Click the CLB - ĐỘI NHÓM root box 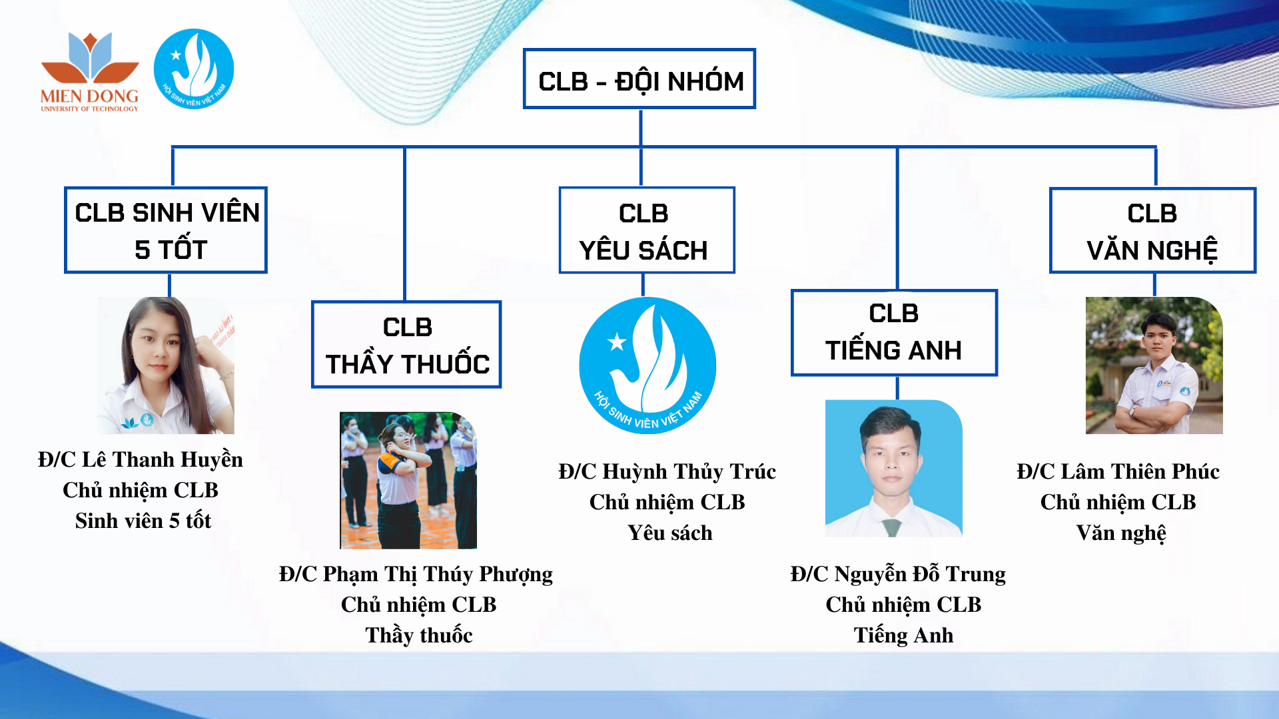pos(639,79)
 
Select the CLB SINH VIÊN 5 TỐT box pos(166,230)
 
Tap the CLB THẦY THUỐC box pos(406,344)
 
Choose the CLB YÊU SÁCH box pos(647,230)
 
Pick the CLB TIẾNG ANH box pos(894,333)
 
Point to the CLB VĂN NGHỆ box pos(1152,230)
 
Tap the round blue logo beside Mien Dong pos(194,69)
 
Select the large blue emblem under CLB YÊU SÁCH pos(647,365)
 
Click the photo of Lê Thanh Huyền pos(166,365)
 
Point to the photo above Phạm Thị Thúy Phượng pos(408,481)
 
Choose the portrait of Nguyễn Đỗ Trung pos(894,469)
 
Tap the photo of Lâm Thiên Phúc pos(1154,365)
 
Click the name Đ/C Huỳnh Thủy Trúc pos(667,471)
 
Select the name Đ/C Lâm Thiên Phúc pos(1118,471)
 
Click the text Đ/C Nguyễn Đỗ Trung pos(898,574)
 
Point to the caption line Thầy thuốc pos(419,635)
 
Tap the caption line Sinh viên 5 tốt pos(143,521)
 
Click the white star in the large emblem pos(617,342)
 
